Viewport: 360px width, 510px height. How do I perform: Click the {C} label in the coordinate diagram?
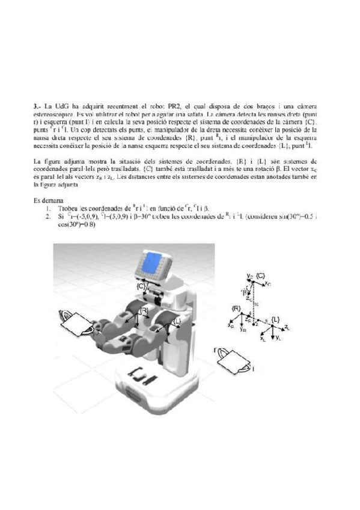point(261,275)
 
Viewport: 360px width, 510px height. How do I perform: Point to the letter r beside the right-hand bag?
point(215,349)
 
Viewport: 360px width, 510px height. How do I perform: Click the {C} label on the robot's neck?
point(140,287)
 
